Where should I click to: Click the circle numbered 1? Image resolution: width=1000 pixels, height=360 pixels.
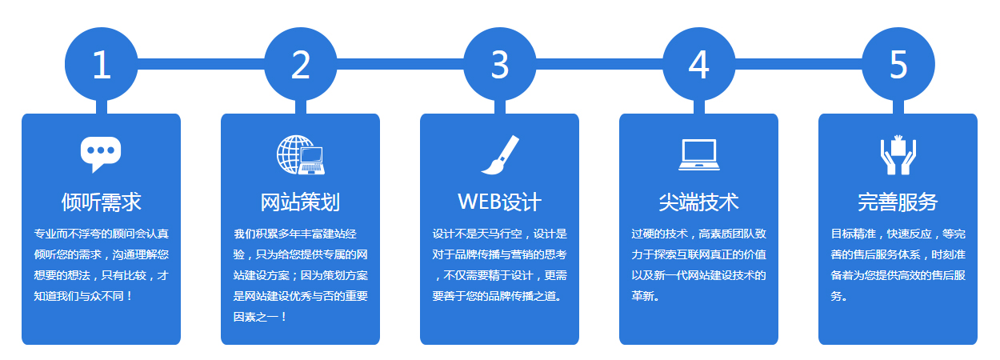(102, 64)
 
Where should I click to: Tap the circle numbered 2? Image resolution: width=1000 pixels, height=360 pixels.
(301, 64)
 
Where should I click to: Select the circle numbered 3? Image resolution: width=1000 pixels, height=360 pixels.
(499, 64)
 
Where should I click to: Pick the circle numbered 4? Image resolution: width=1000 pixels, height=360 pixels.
(698, 64)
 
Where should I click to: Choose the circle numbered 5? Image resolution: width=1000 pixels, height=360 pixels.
(898, 64)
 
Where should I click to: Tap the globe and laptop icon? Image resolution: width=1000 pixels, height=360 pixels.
(301, 154)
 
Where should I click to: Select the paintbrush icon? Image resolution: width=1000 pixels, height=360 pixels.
(500, 154)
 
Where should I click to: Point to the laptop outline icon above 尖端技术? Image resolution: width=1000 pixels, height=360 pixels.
(699, 154)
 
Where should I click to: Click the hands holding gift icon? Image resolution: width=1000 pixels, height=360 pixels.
(898, 154)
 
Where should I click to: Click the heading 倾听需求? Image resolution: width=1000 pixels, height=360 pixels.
(102, 202)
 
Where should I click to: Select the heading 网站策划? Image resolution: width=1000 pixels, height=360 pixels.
(301, 202)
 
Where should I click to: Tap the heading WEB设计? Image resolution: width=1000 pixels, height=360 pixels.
(499, 202)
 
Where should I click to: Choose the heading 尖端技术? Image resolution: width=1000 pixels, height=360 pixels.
(698, 202)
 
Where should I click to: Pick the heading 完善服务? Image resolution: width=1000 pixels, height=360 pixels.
(898, 202)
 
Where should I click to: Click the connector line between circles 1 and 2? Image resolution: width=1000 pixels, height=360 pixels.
(201, 64)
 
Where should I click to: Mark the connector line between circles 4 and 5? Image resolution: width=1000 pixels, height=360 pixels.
(798, 64)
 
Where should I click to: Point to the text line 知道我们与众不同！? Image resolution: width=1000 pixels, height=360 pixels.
(83, 296)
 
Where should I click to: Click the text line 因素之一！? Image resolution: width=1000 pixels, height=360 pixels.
(260, 317)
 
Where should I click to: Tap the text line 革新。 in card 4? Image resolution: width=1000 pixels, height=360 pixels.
(645, 296)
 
